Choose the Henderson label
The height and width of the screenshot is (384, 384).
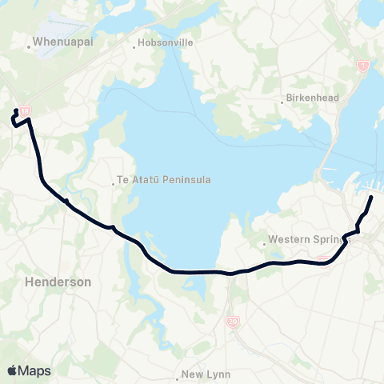[58, 282]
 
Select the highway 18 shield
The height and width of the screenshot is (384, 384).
[26, 111]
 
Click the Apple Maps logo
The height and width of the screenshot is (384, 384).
[29, 370]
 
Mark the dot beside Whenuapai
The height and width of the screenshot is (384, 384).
[30, 46]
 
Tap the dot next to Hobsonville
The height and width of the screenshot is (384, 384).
[134, 46]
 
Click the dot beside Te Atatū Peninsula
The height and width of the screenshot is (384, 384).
[114, 181]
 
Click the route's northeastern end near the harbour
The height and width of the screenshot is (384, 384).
[371, 196]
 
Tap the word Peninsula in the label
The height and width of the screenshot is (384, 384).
[187, 180]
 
